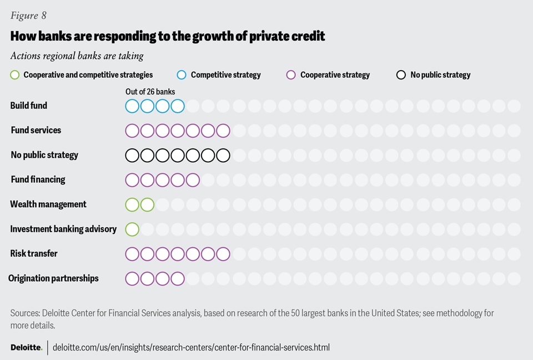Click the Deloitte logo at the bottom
coord(26,347)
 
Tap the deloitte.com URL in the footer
coord(191,347)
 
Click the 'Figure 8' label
coord(28,16)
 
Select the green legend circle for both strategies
coord(15,74)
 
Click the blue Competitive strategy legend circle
coord(182,74)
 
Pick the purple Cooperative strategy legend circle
coord(291,74)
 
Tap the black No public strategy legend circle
coord(401,74)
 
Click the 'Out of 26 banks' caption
coord(150,92)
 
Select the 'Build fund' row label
coord(29,106)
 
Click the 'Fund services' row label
coord(36,130)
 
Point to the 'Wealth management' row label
coord(48,204)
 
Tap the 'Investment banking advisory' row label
coord(63,229)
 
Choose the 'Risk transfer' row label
coord(34,253)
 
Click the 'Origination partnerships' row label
coord(53,278)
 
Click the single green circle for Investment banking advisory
coord(132,229)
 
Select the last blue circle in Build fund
coord(178,106)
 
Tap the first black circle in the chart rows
coord(132,155)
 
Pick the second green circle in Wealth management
coord(147,204)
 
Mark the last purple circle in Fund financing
coord(193,180)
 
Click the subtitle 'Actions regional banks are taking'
coord(77,56)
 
